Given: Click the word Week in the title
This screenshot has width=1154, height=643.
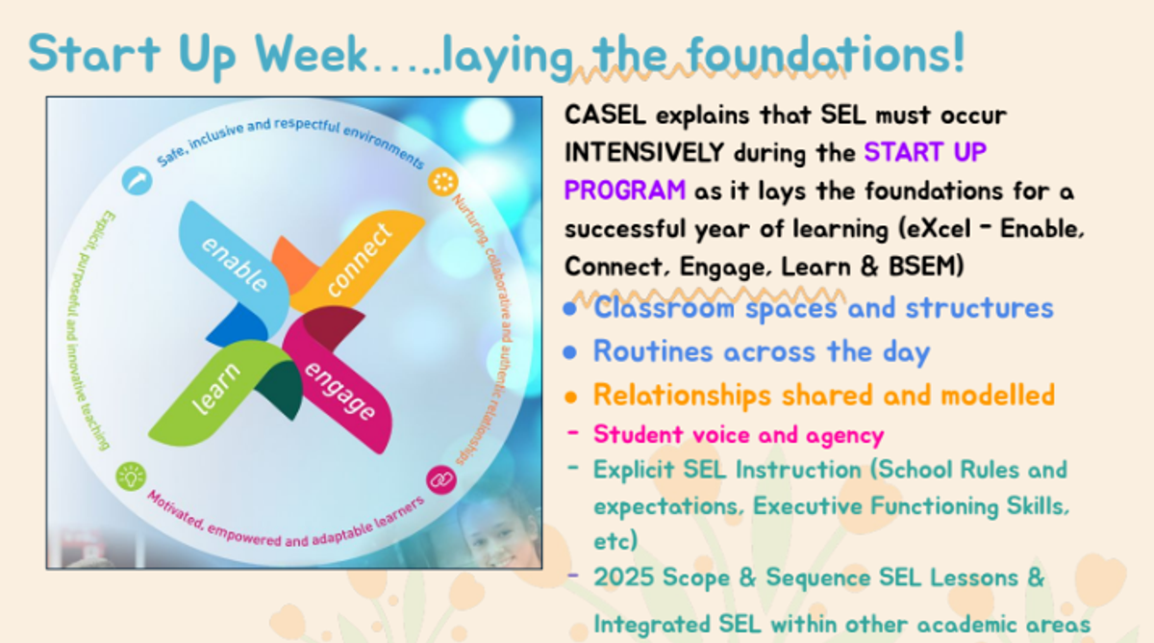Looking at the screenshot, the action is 311,54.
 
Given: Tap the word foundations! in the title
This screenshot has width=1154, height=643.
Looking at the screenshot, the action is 825,53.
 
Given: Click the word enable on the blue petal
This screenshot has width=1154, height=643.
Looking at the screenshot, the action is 235,264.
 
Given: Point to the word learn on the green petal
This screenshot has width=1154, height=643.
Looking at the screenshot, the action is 215,388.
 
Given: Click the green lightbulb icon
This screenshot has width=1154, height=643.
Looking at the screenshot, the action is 131,476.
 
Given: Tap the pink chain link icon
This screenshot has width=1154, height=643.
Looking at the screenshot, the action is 441,480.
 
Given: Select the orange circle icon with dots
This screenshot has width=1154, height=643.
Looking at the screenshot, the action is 443,182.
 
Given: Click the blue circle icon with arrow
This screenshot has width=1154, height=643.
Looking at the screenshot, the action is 137,180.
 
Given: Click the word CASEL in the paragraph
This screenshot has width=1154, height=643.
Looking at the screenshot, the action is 605,114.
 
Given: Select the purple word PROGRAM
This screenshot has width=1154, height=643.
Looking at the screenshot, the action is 625,190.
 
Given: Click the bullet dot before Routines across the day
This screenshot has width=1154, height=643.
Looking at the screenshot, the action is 569,352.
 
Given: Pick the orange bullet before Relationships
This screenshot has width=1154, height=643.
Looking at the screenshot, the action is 570,397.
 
